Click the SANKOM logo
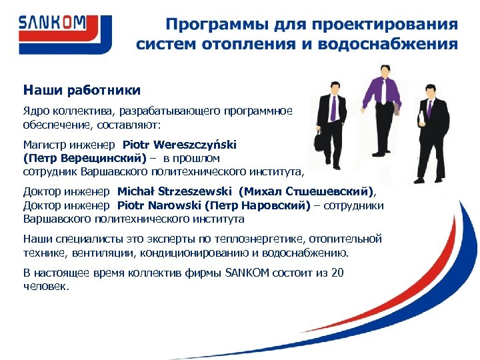point(53,25)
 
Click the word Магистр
point(45,144)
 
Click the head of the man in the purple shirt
point(383,71)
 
